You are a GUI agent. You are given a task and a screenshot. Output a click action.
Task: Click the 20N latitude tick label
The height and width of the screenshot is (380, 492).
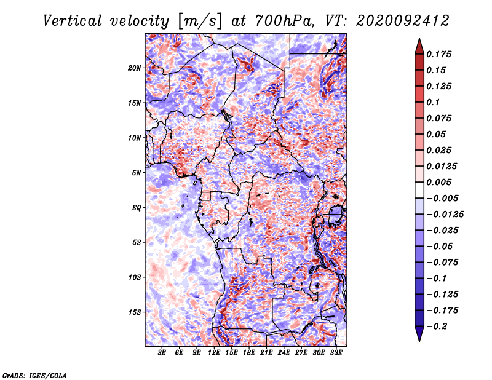tap(135, 68)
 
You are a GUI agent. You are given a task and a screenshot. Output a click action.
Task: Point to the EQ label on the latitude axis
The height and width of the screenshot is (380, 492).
tap(137, 208)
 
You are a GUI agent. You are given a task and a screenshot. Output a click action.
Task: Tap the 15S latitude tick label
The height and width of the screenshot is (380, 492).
tap(135, 312)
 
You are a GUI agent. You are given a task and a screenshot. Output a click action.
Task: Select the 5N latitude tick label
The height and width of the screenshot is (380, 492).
tap(137, 173)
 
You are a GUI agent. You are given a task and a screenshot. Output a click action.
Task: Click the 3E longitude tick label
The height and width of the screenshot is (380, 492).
tap(162, 353)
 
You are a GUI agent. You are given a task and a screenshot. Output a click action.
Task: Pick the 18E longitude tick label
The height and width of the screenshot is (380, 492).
tap(249, 353)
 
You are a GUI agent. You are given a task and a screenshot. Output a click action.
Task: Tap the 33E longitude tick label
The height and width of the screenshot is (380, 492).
tap(336, 353)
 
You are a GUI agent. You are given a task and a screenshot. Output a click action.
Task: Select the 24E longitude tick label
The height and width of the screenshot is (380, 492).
tap(284, 353)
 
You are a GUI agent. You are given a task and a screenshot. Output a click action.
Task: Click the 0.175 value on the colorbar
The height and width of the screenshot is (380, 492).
tap(438, 54)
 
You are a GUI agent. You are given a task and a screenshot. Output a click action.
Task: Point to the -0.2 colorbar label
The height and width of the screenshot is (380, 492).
tap(437, 327)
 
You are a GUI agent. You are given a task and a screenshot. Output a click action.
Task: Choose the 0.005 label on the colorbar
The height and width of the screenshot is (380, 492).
tap(438, 182)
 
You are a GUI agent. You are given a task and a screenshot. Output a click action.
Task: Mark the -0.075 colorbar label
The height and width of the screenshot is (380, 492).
tap(442, 263)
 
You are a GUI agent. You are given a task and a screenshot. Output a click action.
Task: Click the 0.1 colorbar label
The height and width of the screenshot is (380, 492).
tap(433, 102)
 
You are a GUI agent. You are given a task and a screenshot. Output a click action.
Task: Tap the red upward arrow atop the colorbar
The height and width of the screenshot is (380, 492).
tap(419, 47)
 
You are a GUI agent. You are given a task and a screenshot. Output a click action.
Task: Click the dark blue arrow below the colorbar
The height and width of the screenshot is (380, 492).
tap(419, 334)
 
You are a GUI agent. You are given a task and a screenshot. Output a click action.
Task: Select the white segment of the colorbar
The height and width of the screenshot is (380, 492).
tap(419, 190)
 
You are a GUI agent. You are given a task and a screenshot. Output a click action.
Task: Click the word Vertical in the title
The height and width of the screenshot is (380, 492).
tap(73, 21)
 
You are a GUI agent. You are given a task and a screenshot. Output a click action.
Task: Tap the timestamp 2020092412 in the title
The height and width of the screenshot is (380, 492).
tap(403, 21)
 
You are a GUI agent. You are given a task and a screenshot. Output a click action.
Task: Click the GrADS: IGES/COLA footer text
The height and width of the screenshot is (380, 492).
tap(34, 375)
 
